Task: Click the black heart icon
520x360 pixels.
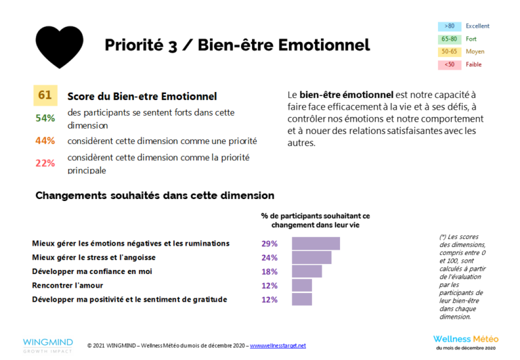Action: tap(59, 46)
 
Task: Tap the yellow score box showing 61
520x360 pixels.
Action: tap(45, 95)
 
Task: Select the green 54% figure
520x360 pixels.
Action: tap(45, 118)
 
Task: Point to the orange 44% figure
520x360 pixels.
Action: tap(45, 141)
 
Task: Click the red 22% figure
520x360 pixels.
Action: tap(45, 163)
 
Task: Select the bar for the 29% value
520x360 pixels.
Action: tap(316, 244)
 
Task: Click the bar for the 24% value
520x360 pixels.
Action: tap(311, 258)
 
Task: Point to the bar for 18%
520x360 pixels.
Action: tap(307, 271)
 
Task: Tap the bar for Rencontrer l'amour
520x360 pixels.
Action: tap(301, 286)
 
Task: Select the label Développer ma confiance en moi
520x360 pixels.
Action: tap(92, 271)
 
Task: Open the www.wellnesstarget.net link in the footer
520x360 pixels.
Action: tap(278, 346)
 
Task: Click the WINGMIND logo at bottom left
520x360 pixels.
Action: tap(47, 344)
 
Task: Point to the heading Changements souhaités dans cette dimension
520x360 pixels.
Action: tap(154, 196)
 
